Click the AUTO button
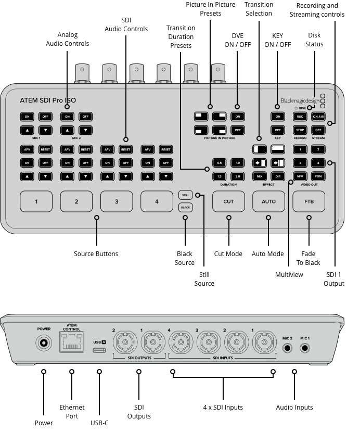click(x=268, y=201)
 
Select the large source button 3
click(x=117, y=201)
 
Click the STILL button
click(x=185, y=195)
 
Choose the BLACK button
click(x=185, y=207)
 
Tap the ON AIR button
click(x=318, y=117)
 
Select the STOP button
click(x=300, y=130)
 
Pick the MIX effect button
click(x=259, y=177)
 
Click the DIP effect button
click(x=278, y=177)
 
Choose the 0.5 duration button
click(x=219, y=163)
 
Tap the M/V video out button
click(x=300, y=177)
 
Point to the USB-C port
click(x=99, y=350)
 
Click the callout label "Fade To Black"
click(x=308, y=258)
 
